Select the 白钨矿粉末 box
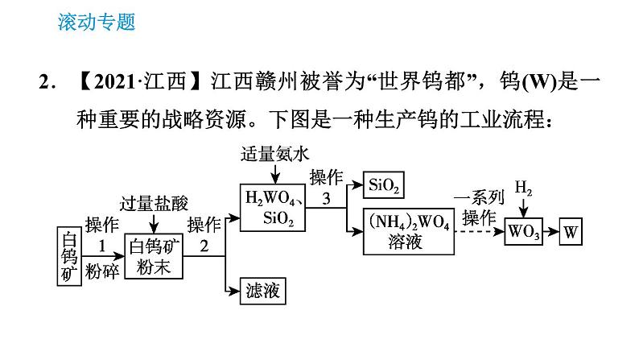[155, 255]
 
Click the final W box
[571, 231]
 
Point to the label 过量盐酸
[155, 202]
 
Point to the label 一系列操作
[480, 207]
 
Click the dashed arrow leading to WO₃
[478, 232]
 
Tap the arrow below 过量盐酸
[155, 223]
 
